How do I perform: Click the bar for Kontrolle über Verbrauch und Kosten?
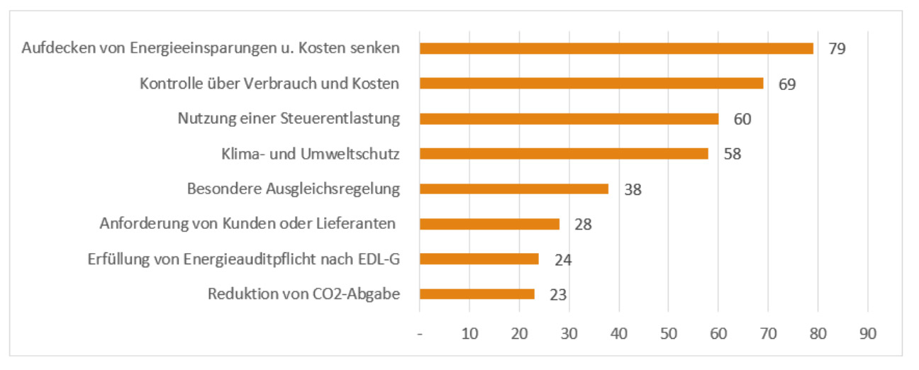pos(591,84)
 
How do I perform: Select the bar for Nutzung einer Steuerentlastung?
pos(569,118)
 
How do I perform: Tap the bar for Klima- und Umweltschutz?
pos(564,154)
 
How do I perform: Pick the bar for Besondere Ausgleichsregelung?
pos(513,189)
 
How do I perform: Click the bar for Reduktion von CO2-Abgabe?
pos(477,294)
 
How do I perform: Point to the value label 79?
pos(837,49)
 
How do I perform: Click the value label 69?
pos(787,84)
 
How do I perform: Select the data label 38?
pos(633,189)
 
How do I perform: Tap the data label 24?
pos(563,259)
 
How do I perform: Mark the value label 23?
pos(558,295)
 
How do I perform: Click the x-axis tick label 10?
pos(469,334)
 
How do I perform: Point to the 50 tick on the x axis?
pos(669,334)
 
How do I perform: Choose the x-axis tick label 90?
pos(868,334)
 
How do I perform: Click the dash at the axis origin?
pos(420,335)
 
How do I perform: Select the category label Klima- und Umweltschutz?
pos(307,154)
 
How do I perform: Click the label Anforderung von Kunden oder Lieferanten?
pos(247,224)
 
